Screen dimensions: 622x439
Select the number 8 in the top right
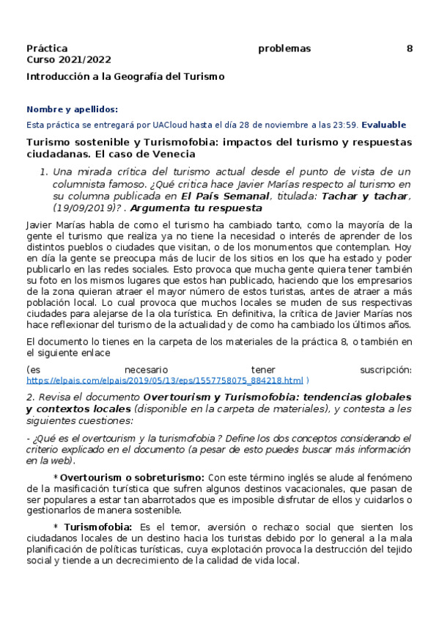(x=410, y=48)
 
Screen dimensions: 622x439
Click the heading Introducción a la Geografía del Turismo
(x=125, y=76)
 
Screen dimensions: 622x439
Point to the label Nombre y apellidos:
(x=72, y=109)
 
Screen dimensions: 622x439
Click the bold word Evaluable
(x=383, y=125)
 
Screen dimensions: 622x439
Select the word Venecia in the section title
(x=173, y=154)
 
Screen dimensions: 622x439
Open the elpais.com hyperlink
(x=165, y=381)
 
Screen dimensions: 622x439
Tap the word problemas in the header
(x=284, y=48)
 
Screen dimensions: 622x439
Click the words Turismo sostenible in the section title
(x=73, y=142)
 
